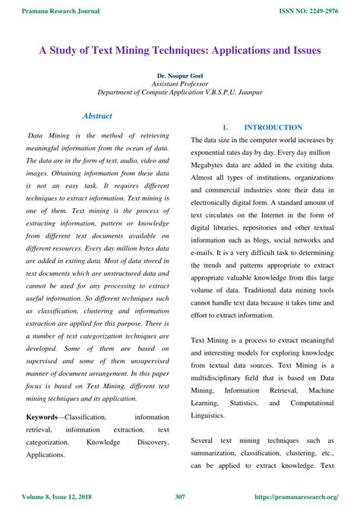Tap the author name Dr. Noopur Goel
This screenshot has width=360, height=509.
pyautogui.click(x=180, y=77)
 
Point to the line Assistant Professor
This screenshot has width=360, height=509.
pyautogui.click(x=180, y=85)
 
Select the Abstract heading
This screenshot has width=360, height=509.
pyautogui.click(x=96, y=116)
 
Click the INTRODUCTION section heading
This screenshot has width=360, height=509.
pyautogui.click(x=273, y=128)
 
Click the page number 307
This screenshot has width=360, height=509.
pyautogui.click(x=180, y=498)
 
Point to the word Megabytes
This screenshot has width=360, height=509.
pyautogui.click(x=214, y=166)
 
